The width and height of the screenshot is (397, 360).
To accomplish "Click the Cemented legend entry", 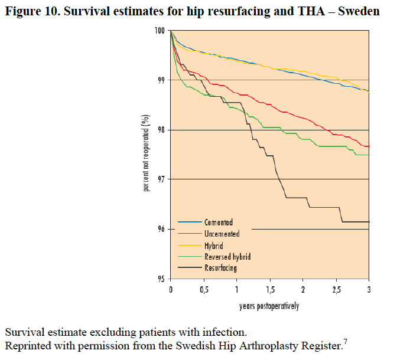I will click(x=219, y=222).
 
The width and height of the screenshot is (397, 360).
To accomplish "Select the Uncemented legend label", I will click(x=222, y=234).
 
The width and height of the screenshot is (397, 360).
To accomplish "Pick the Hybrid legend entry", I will click(x=214, y=245).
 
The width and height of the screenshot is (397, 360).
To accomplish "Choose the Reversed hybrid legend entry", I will click(x=227, y=257).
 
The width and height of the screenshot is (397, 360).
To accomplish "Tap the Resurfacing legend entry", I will click(x=221, y=268).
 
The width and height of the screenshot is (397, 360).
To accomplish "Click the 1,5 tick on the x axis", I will click(x=269, y=290).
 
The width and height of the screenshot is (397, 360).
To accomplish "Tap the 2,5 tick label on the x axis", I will click(x=336, y=290).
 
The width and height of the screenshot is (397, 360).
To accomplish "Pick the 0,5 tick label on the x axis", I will click(x=203, y=290).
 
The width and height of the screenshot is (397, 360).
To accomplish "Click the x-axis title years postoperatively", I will click(x=269, y=306).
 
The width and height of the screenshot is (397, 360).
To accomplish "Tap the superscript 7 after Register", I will click(x=345, y=340).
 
